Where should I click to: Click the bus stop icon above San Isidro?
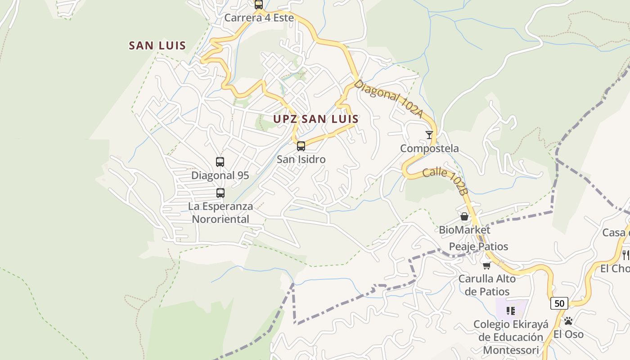(x=301, y=146)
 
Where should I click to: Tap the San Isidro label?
(x=301, y=159)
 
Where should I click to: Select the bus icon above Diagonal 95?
(x=220, y=162)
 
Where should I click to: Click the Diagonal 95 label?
(x=220, y=175)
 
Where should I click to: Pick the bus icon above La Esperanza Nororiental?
(x=220, y=193)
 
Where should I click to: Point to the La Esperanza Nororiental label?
(x=220, y=212)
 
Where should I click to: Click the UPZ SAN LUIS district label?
(x=316, y=119)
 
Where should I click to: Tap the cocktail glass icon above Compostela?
(x=429, y=135)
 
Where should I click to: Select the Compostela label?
(x=429, y=148)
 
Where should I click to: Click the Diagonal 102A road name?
(x=388, y=99)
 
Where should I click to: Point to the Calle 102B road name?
(x=445, y=180)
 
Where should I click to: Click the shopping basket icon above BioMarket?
(x=464, y=216)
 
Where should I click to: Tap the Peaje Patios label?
(x=478, y=247)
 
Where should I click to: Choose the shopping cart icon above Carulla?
(x=486, y=265)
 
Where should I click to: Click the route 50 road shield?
(x=559, y=303)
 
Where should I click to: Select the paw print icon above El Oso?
(x=568, y=321)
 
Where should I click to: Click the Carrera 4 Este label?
(x=259, y=18)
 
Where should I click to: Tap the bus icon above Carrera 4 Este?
(x=259, y=5)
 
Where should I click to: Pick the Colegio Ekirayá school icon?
(x=511, y=310)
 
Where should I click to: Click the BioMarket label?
(x=464, y=230)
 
